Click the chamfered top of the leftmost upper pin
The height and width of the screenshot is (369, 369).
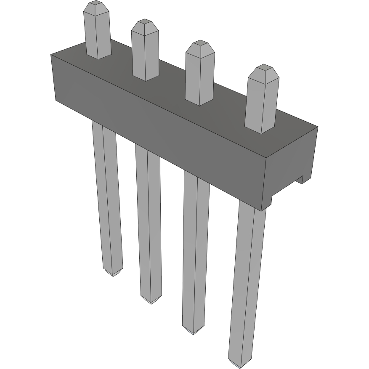(x=96, y=8)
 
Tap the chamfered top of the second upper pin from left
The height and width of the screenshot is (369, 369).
(x=145, y=26)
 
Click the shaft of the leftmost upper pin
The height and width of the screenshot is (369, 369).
(x=98, y=36)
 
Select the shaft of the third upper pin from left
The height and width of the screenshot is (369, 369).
(x=199, y=78)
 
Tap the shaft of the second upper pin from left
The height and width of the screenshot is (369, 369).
(x=146, y=55)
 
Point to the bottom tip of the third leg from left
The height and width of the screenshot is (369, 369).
(x=193, y=331)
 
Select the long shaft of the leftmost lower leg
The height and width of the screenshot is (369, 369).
(x=107, y=198)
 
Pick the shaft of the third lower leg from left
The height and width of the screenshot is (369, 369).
(x=196, y=252)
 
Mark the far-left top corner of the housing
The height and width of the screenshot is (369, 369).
(x=51, y=55)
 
